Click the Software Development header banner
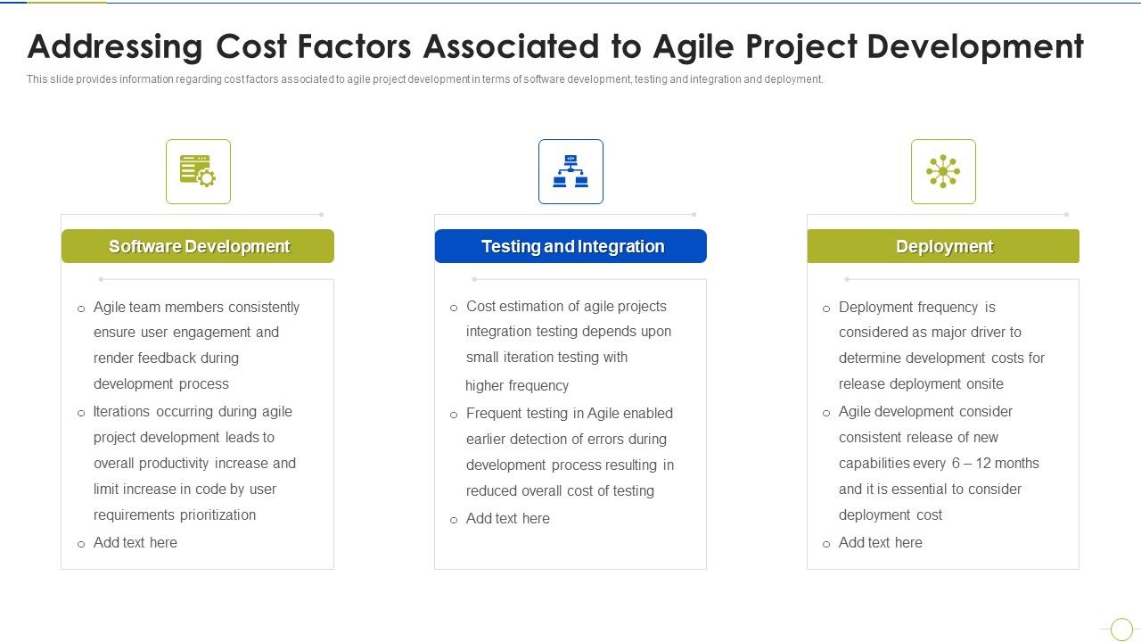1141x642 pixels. [198, 246]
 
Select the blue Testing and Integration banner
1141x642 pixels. [570, 246]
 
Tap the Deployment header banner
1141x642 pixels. [943, 246]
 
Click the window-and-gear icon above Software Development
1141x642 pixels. [198, 171]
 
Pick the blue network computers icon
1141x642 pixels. [570, 171]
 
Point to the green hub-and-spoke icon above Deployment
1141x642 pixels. [943, 171]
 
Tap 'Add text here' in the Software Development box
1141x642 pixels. [135, 542]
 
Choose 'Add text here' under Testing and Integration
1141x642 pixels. [508, 518]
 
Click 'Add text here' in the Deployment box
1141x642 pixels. [881, 542]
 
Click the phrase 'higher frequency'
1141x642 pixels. [517, 385]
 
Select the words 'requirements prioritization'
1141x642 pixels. [175, 514]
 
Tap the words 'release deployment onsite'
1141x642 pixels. [921, 383]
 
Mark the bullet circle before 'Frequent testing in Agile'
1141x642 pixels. [454, 415]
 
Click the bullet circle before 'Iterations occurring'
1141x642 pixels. [81, 413]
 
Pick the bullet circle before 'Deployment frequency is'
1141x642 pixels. [826, 309]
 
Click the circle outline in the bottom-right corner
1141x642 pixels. [1121, 629]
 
